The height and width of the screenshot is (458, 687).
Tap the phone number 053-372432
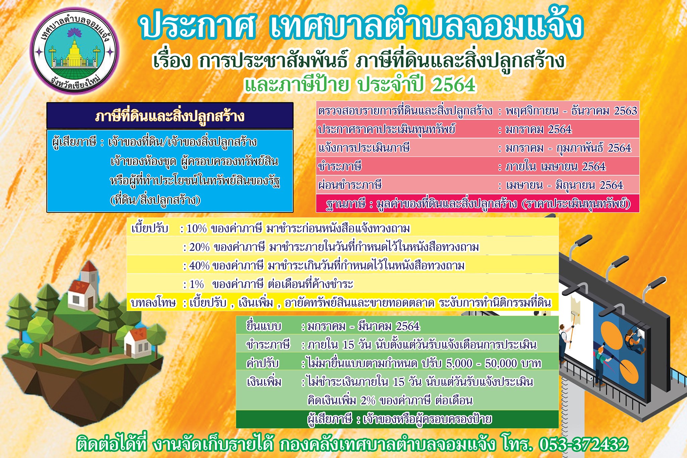coord(583,445)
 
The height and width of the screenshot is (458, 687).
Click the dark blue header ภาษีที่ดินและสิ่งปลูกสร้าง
coord(170,116)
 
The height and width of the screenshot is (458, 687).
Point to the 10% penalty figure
coord(197,228)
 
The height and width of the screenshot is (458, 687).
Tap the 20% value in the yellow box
coord(199,247)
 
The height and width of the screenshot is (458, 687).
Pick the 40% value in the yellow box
coord(199,266)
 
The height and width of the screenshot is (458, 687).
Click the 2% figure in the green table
coord(368,401)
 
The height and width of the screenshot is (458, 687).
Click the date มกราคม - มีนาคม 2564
coord(364,326)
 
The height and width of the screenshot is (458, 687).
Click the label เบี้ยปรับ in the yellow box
coord(150,228)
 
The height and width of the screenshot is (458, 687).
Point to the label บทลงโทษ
coord(153,303)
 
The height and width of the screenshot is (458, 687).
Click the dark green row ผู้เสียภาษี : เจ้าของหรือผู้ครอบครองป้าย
coord(397,419)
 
